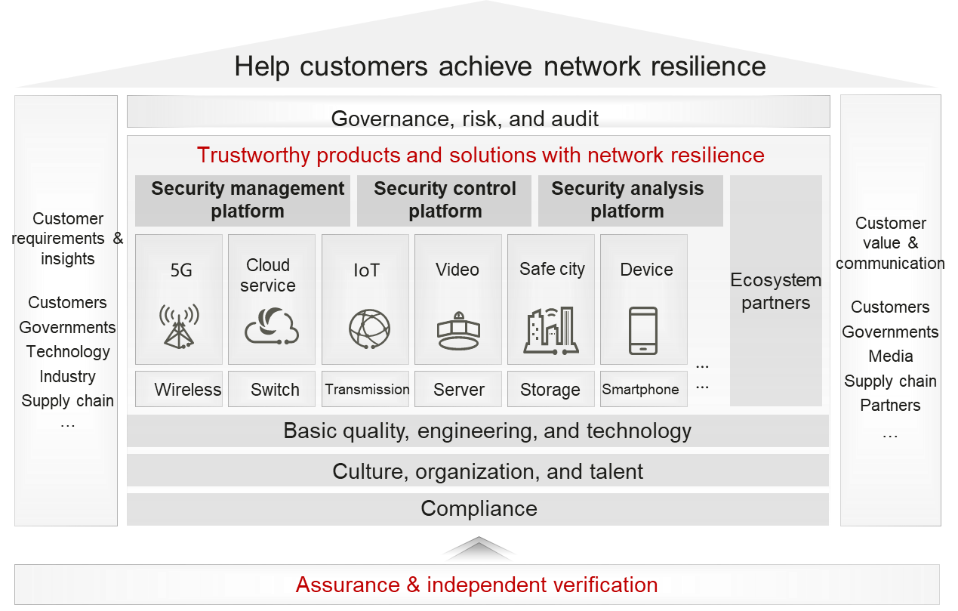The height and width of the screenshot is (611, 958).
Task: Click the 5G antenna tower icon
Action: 179,326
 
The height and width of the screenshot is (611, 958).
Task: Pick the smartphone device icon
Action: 642,331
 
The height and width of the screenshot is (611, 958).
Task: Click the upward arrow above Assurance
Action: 479,549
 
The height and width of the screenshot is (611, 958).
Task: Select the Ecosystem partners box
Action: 775,292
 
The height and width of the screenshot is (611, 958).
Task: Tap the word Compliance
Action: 479,508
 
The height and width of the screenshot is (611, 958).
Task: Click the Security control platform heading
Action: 445,200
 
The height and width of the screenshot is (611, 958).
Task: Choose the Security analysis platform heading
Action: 627,200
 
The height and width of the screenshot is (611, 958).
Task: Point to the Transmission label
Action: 368,390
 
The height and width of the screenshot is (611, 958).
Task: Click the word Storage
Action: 550,390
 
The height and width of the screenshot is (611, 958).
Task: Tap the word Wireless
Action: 188,390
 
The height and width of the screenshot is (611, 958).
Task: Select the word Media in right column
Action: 891,356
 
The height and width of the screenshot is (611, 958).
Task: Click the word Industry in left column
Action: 67,376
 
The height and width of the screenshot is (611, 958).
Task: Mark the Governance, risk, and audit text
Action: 465,119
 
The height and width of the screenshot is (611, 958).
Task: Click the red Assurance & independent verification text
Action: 476,585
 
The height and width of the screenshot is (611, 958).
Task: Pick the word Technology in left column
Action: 68,352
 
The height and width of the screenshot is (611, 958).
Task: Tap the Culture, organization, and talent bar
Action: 487,472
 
